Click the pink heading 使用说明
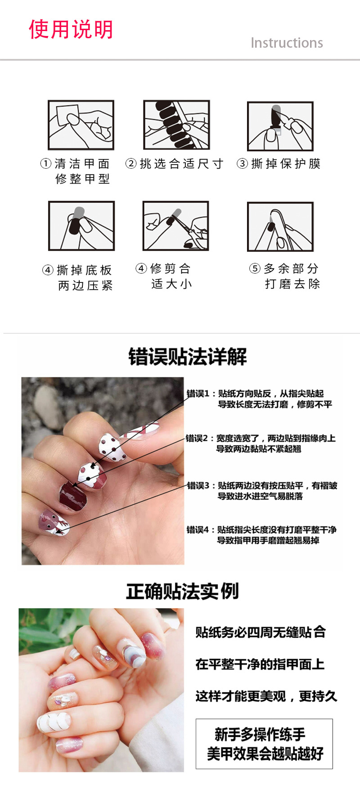(71, 30)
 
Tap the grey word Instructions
(287, 43)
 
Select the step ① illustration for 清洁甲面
(81, 125)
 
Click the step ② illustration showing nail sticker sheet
(176, 125)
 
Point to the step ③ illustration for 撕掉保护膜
(280, 126)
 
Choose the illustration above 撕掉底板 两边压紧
(81, 226)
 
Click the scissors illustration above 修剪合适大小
(176, 226)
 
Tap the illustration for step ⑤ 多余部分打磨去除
(280, 227)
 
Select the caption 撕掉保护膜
(286, 164)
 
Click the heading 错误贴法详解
(188, 357)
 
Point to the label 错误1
(198, 394)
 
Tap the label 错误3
(198, 486)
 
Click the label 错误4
(198, 530)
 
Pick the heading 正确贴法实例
(182, 591)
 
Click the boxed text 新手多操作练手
(260, 735)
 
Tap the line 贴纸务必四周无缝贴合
(261, 632)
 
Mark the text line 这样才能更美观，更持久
(266, 696)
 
